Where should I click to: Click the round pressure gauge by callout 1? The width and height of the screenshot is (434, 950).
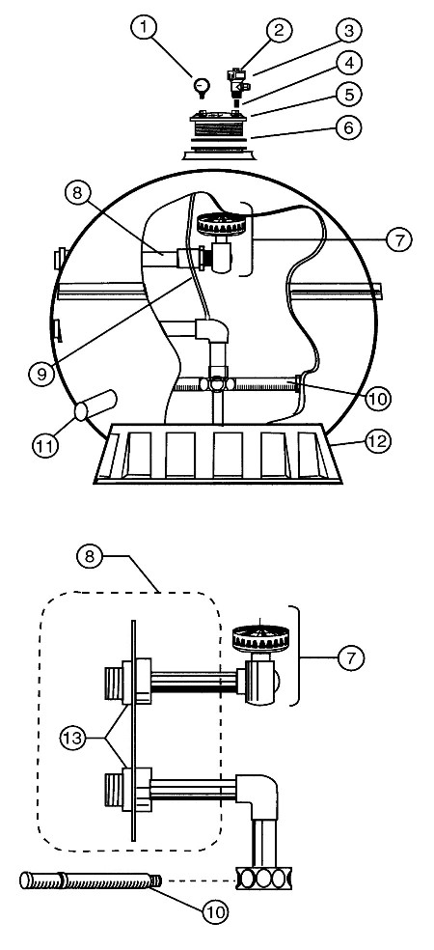(x=201, y=89)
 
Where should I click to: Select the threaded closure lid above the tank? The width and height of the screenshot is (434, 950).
(x=219, y=128)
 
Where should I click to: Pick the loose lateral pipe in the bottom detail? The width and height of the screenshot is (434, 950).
(x=92, y=880)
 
